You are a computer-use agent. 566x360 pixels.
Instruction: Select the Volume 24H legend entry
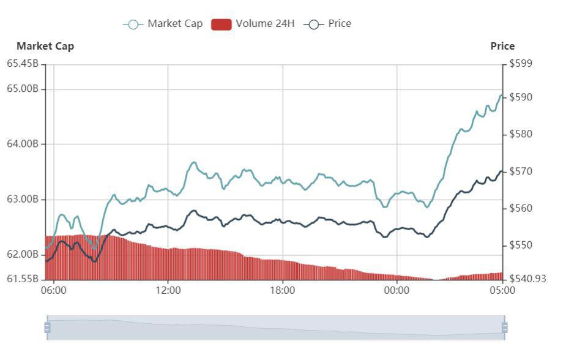click(253, 24)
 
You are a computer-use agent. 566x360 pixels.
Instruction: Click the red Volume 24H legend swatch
click(221, 24)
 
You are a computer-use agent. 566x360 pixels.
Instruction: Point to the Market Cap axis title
click(45, 46)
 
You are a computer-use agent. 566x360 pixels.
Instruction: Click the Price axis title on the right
click(502, 46)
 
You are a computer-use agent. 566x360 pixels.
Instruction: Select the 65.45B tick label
click(23, 64)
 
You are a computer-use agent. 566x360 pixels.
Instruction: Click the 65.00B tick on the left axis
click(23, 89)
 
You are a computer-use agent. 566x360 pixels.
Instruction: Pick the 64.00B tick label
click(23, 144)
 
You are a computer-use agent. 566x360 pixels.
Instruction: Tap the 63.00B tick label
click(23, 199)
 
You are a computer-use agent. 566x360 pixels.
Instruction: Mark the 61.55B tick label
click(23, 279)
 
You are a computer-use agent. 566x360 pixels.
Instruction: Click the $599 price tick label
click(521, 64)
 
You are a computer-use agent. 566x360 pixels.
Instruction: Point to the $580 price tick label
click(521, 134)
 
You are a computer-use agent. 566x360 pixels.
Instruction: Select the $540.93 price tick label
click(527, 279)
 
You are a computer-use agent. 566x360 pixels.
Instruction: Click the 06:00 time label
click(54, 290)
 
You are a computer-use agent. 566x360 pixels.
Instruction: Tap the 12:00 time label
click(168, 290)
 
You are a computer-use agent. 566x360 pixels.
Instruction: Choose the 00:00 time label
click(397, 290)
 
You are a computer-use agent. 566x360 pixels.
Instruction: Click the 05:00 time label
click(502, 290)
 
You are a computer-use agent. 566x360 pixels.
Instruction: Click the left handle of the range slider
click(47, 328)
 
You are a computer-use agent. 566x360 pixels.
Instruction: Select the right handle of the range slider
click(504, 328)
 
